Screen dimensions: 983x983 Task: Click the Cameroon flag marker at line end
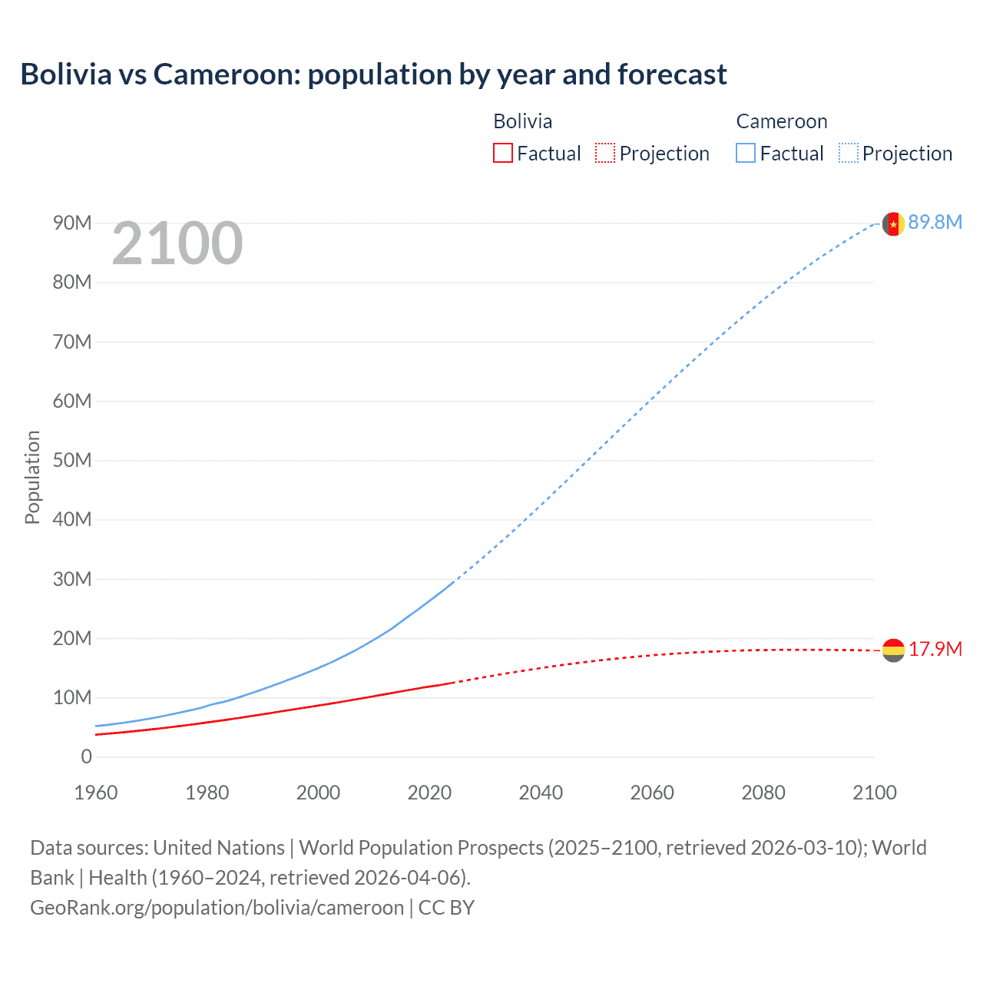point(892,223)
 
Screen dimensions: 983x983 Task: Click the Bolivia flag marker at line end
point(892,650)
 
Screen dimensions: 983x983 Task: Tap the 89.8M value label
point(935,223)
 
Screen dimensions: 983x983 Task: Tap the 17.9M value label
point(935,650)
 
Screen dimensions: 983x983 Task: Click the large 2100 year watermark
point(177,244)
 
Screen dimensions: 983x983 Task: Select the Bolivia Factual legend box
point(502,154)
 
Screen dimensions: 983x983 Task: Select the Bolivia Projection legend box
point(605,154)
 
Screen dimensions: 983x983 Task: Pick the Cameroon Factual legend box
point(745,154)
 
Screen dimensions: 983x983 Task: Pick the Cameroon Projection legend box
point(848,154)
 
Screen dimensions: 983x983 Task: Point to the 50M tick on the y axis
point(71,460)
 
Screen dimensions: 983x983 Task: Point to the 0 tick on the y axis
point(86,756)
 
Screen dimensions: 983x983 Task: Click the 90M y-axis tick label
point(71,223)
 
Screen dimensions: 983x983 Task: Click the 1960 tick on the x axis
point(96,793)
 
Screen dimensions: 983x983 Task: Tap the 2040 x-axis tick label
point(541,793)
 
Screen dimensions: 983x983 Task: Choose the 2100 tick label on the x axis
point(874,793)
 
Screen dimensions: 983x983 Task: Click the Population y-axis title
point(32,477)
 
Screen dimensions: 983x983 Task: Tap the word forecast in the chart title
point(672,74)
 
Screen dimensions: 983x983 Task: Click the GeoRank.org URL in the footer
point(217,908)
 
